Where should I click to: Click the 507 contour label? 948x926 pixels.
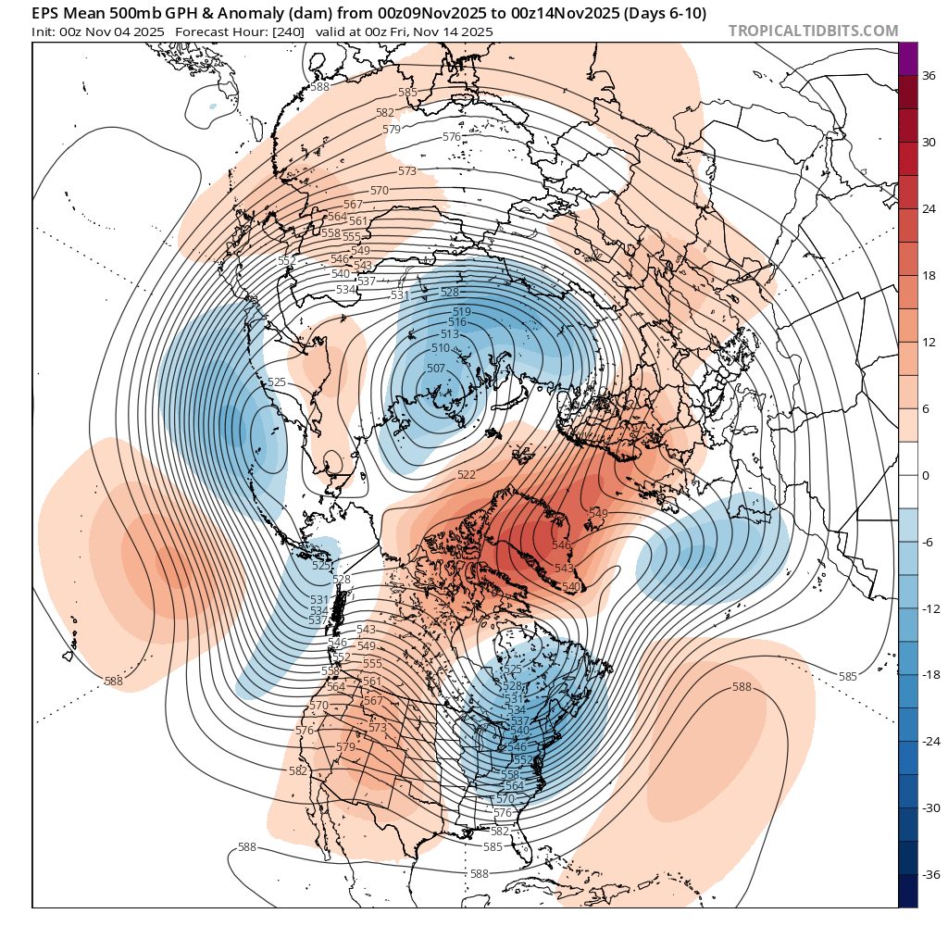tap(435, 368)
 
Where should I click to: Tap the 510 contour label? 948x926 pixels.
tap(441, 348)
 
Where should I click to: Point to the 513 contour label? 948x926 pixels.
tap(450, 334)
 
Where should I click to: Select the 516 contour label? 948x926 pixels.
tap(457, 322)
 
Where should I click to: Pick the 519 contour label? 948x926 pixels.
tap(462, 311)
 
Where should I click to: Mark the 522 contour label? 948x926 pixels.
tap(467, 475)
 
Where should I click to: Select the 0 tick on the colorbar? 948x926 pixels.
tap(926, 475)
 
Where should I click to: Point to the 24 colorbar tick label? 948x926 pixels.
tap(929, 208)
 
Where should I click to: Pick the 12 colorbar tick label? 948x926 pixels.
tap(929, 342)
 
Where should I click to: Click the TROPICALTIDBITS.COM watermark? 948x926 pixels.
tap(813, 31)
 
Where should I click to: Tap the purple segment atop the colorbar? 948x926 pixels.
tap(908, 58)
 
